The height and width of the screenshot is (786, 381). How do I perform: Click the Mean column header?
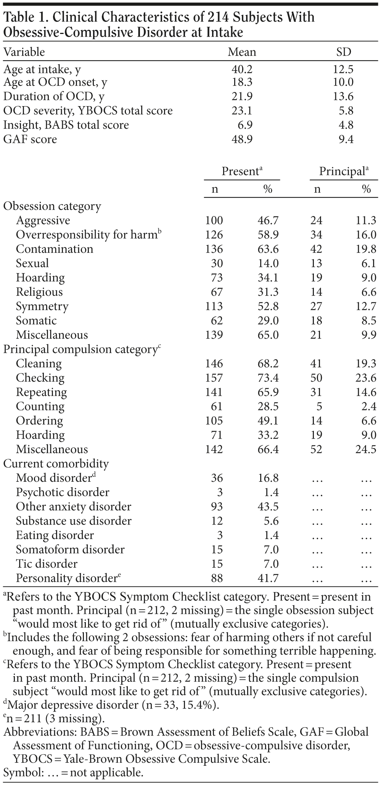pos(242,52)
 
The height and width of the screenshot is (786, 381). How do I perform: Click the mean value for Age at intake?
pos(242,69)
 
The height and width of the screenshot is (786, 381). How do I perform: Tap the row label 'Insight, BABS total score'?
pos(66,125)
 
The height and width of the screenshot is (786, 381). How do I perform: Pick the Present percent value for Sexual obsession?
pos(269,263)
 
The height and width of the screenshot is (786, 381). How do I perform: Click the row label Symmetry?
pos(42,307)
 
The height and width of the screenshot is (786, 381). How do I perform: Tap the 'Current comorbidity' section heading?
pos(56,464)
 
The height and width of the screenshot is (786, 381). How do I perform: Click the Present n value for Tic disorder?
pos(217,564)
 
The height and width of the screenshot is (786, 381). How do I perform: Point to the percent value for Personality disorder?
pos(269,578)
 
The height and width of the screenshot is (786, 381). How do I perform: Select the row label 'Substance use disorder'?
pos(74,521)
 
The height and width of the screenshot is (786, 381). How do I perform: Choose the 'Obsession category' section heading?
pos(52,207)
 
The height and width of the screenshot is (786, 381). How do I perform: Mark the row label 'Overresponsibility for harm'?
pos(86,235)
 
